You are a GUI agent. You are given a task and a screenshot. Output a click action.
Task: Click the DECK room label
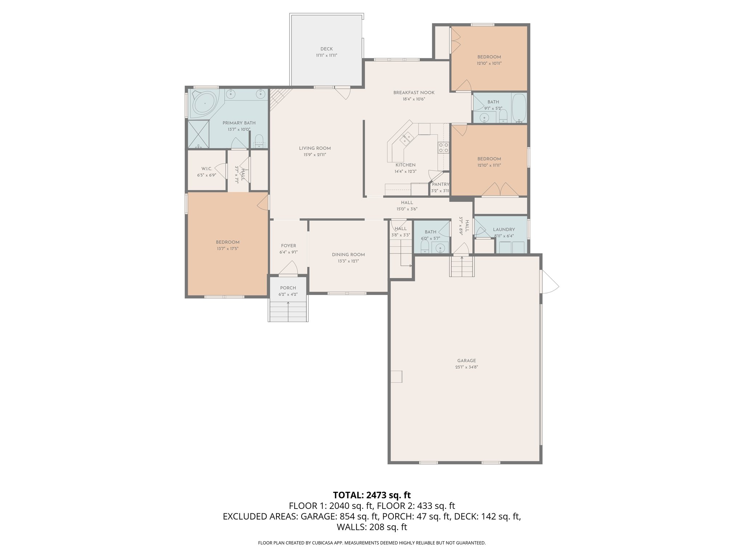(x=326, y=49)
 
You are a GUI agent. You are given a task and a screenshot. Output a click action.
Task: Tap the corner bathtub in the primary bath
(x=204, y=103)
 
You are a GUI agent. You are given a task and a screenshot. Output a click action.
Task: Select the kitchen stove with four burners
(x=444, y=147)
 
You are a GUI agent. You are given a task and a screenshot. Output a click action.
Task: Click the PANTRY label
(x=440, y=185)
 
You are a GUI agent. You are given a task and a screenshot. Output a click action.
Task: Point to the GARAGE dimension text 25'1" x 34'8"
(x=466, y=367)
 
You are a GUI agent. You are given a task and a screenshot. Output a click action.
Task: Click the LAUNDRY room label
(x=504, y=230)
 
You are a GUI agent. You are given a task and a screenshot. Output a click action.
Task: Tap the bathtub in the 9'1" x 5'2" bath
(x=518, y=108)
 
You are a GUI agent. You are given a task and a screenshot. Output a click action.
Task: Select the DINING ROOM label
(x=348, y=255)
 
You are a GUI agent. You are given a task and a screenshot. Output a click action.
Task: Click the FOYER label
(x=288, y=246)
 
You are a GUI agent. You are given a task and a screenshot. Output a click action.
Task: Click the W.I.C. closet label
(x=206, y=169)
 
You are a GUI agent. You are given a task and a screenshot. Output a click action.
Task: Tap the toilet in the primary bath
(x=259, y=141)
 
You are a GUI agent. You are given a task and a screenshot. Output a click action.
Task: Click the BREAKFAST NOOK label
(x=414, y=93)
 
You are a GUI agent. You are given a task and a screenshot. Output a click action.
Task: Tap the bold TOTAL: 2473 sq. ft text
(x=372, y=495)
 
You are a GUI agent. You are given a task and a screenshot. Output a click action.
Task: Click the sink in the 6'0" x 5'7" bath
(x=440, y=249)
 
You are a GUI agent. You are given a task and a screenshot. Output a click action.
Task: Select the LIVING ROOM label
(x=315, y=148)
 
